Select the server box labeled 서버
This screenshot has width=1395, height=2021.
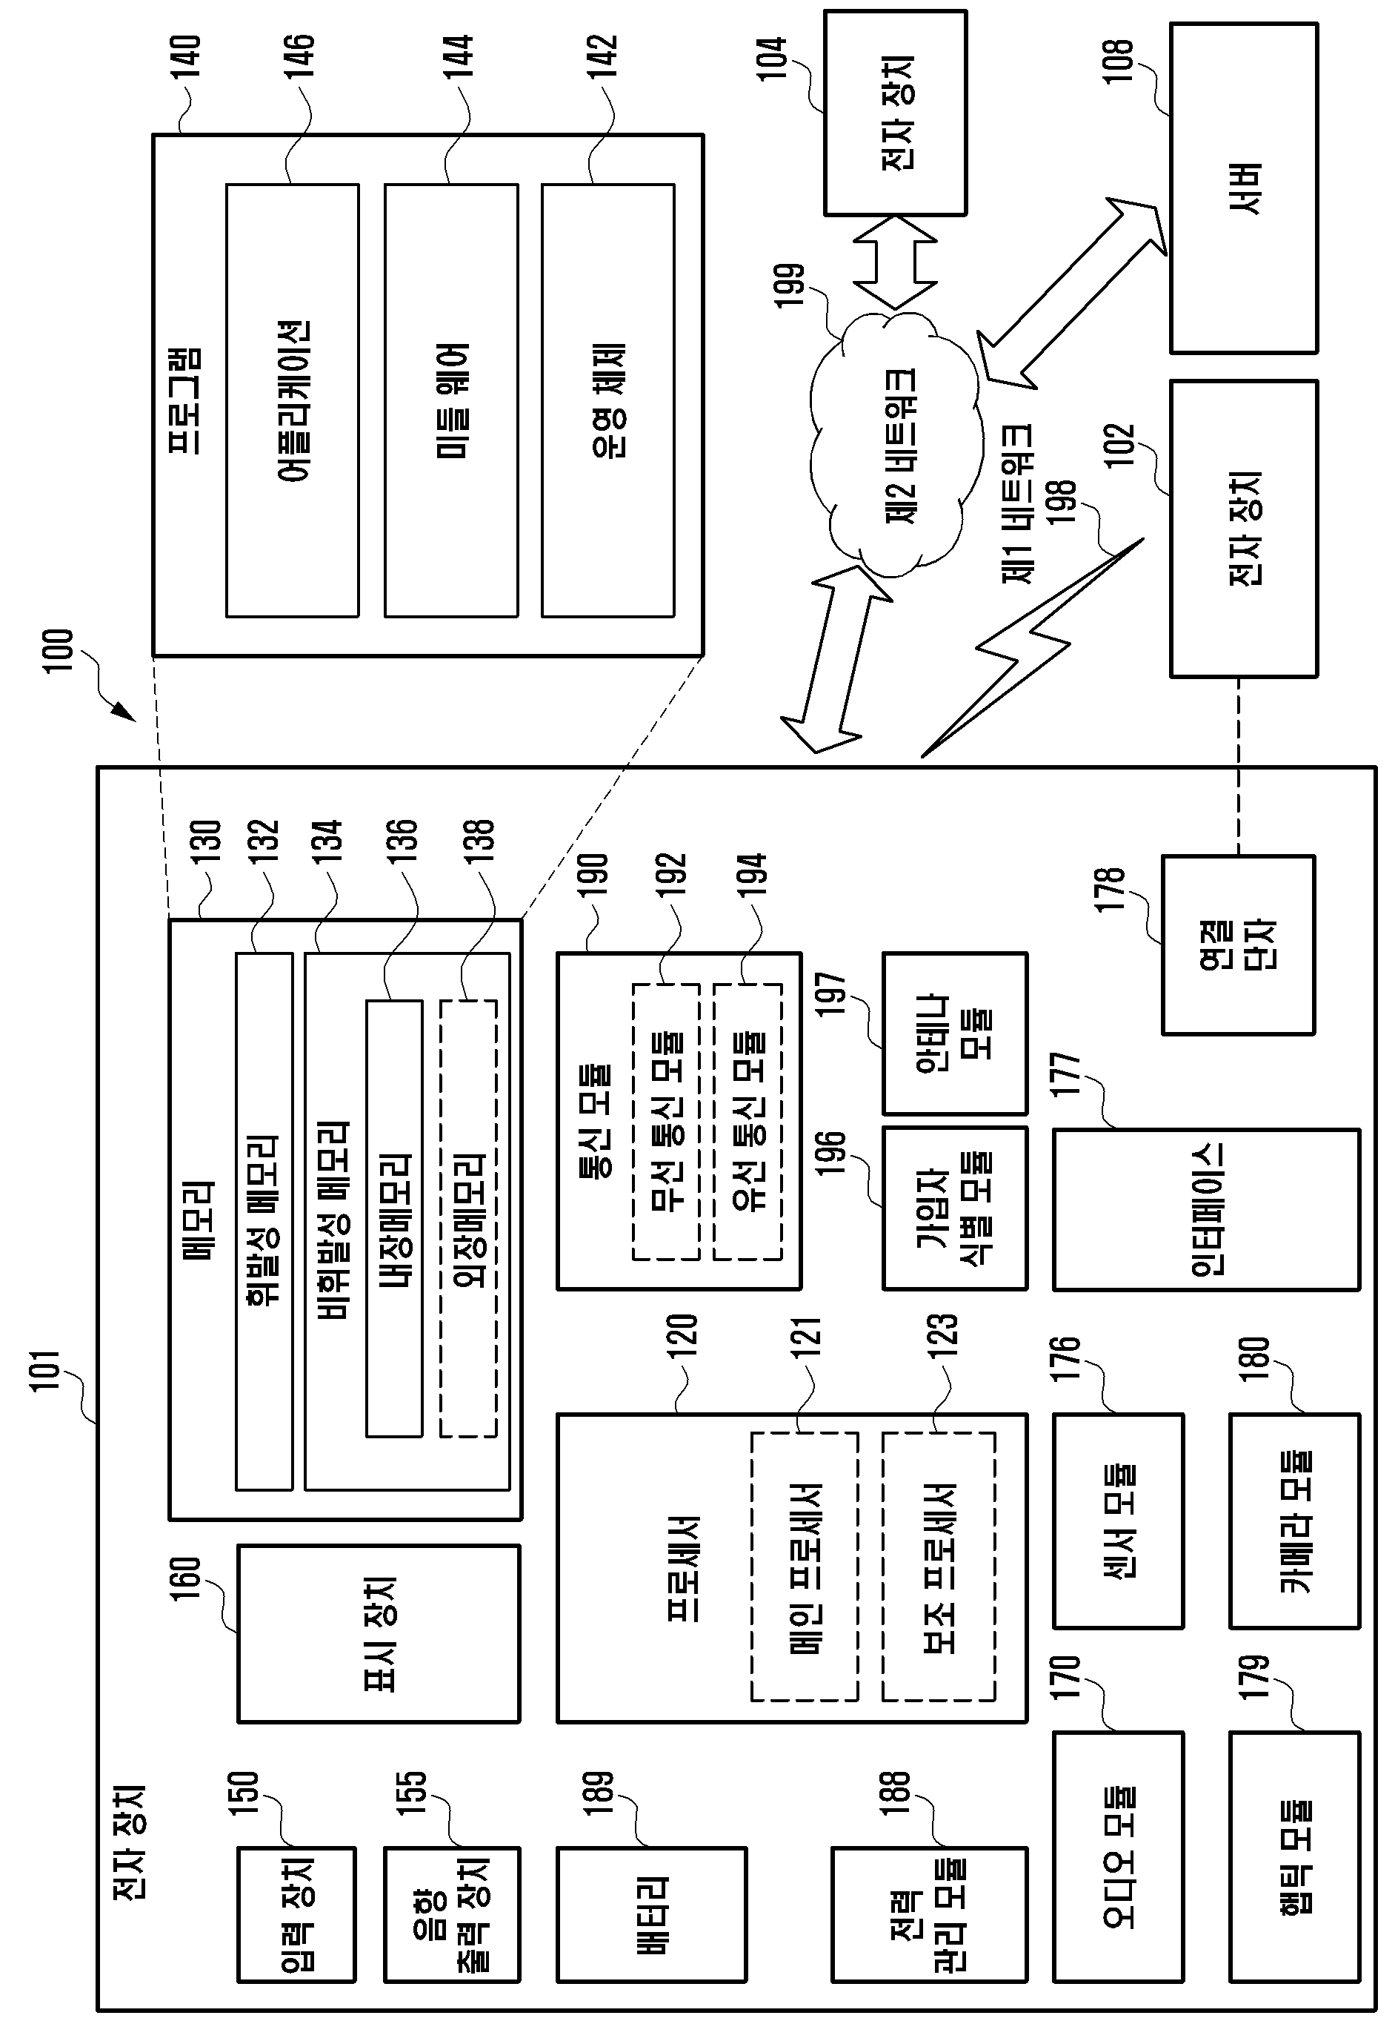pyautogui.click(x=1244, y=188)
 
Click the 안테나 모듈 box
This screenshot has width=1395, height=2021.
pyautogui.click(x=954, y=1033)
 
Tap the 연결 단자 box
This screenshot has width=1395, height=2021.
pyautogui.click(x=1238, y=945)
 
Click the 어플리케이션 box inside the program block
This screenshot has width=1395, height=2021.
pyautogui.click(x=292, y=400)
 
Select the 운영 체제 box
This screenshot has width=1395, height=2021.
pyautogui.click(x=608, y=400)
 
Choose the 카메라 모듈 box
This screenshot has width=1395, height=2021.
pyautogui.click(x=1294, y=1521)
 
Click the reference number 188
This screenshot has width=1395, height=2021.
pyautogui.click(x=896, y=1792)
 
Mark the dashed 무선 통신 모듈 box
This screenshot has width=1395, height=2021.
pyautogui.click(x=666, y=1122)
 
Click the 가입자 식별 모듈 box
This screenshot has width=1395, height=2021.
pyautogui.click(x=954, y=1208)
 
